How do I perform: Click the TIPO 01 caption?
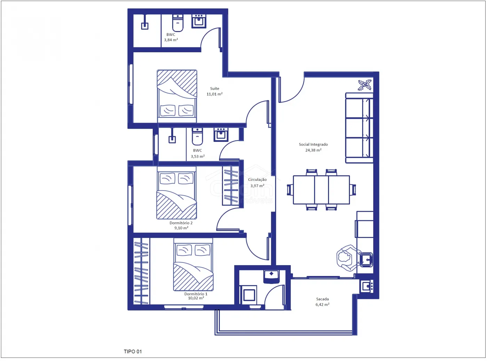[133, 351]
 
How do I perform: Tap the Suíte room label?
[215, 89]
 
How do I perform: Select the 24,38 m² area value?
[313, 150]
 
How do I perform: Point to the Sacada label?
[322, 299]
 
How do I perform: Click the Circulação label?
[257, 179]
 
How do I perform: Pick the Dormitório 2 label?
[181, 223]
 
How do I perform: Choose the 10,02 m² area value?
[196, 298]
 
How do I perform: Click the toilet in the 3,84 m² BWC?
[178, 23]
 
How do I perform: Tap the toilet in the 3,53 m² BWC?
[197, 137]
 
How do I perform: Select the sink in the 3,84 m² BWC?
[199, 21]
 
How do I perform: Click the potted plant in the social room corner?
[365, 85]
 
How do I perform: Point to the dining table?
[321, 190]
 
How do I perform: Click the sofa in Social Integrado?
[359, 128]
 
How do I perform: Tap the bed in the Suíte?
[177, 96]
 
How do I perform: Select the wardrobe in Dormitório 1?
[141, 271]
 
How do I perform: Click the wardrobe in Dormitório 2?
[231, 186]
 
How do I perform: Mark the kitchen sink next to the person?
[366, 260]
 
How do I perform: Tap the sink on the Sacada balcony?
[366, 286]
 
